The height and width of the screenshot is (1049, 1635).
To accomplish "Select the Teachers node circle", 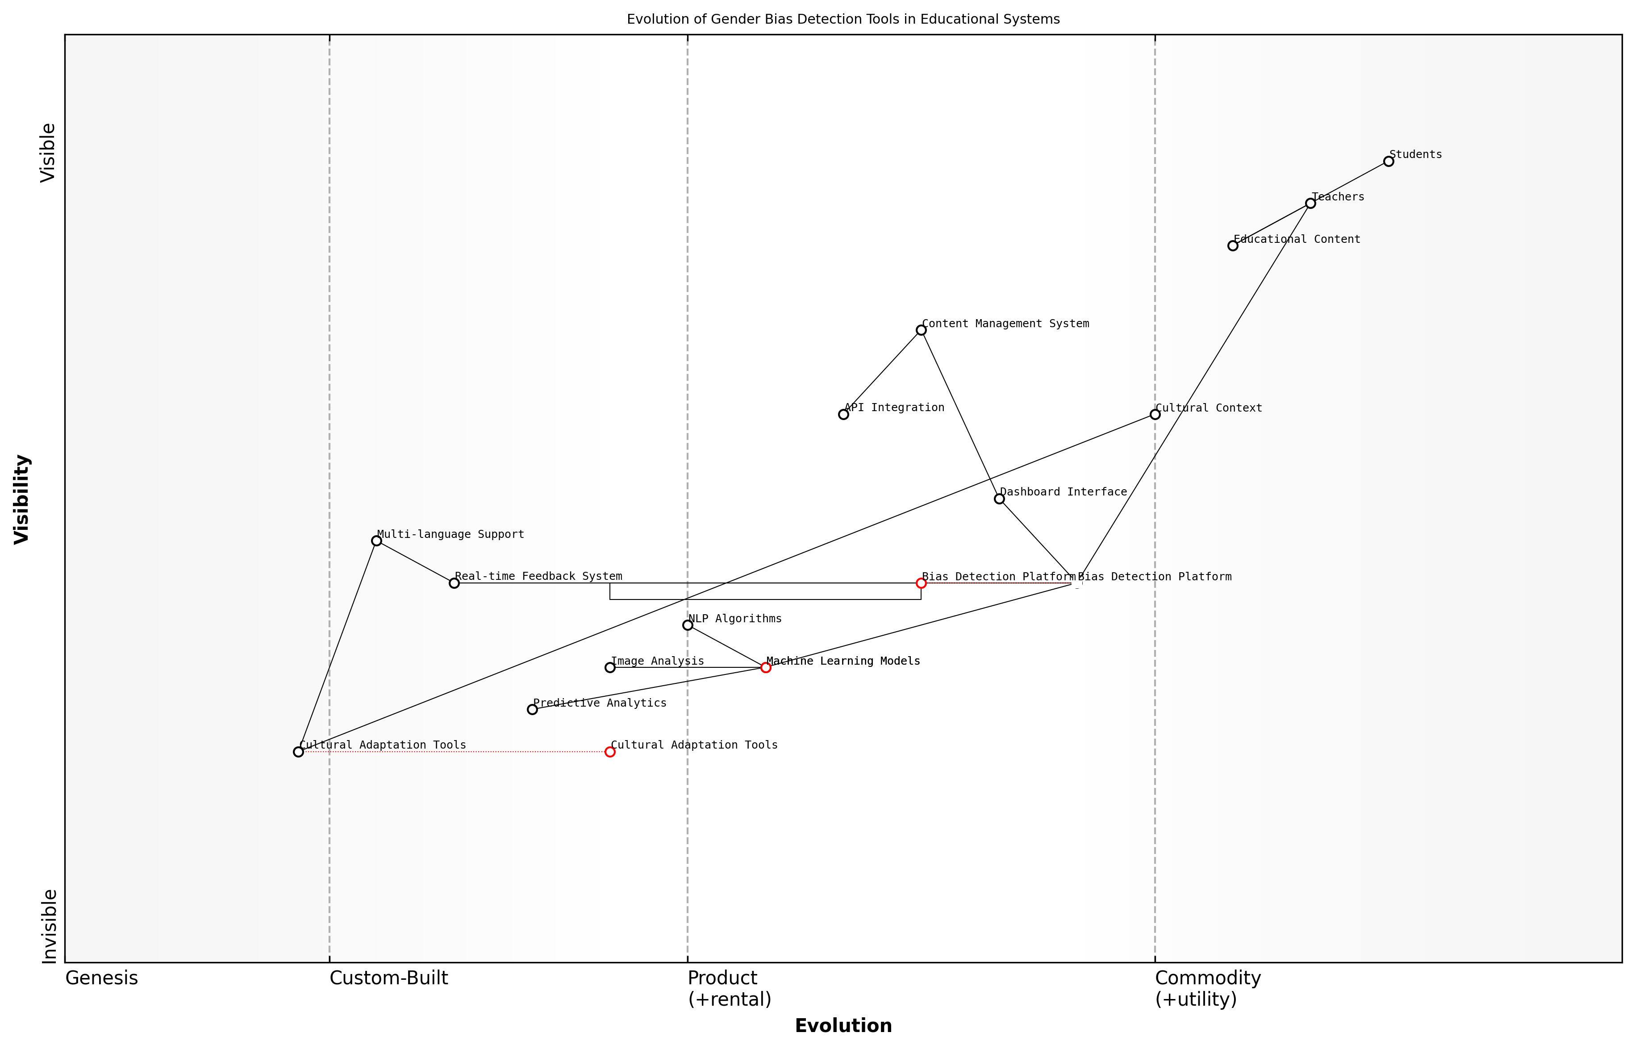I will [1310, 204].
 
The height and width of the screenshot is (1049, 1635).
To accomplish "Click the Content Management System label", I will [1005, 324].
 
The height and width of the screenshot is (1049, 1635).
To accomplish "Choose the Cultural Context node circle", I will [1155, 414].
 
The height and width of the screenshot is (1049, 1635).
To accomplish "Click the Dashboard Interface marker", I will [999, 499].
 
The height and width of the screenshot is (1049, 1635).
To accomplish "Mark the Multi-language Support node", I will [376, 541].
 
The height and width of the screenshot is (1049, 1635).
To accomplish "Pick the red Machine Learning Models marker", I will [766, 667].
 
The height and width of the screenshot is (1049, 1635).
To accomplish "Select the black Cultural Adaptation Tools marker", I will [298, 752].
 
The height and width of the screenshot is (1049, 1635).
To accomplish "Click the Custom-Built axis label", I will [388, 978].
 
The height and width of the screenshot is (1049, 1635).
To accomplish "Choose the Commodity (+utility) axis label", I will [1207, 988].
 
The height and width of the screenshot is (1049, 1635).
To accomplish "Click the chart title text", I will [843, 19].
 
